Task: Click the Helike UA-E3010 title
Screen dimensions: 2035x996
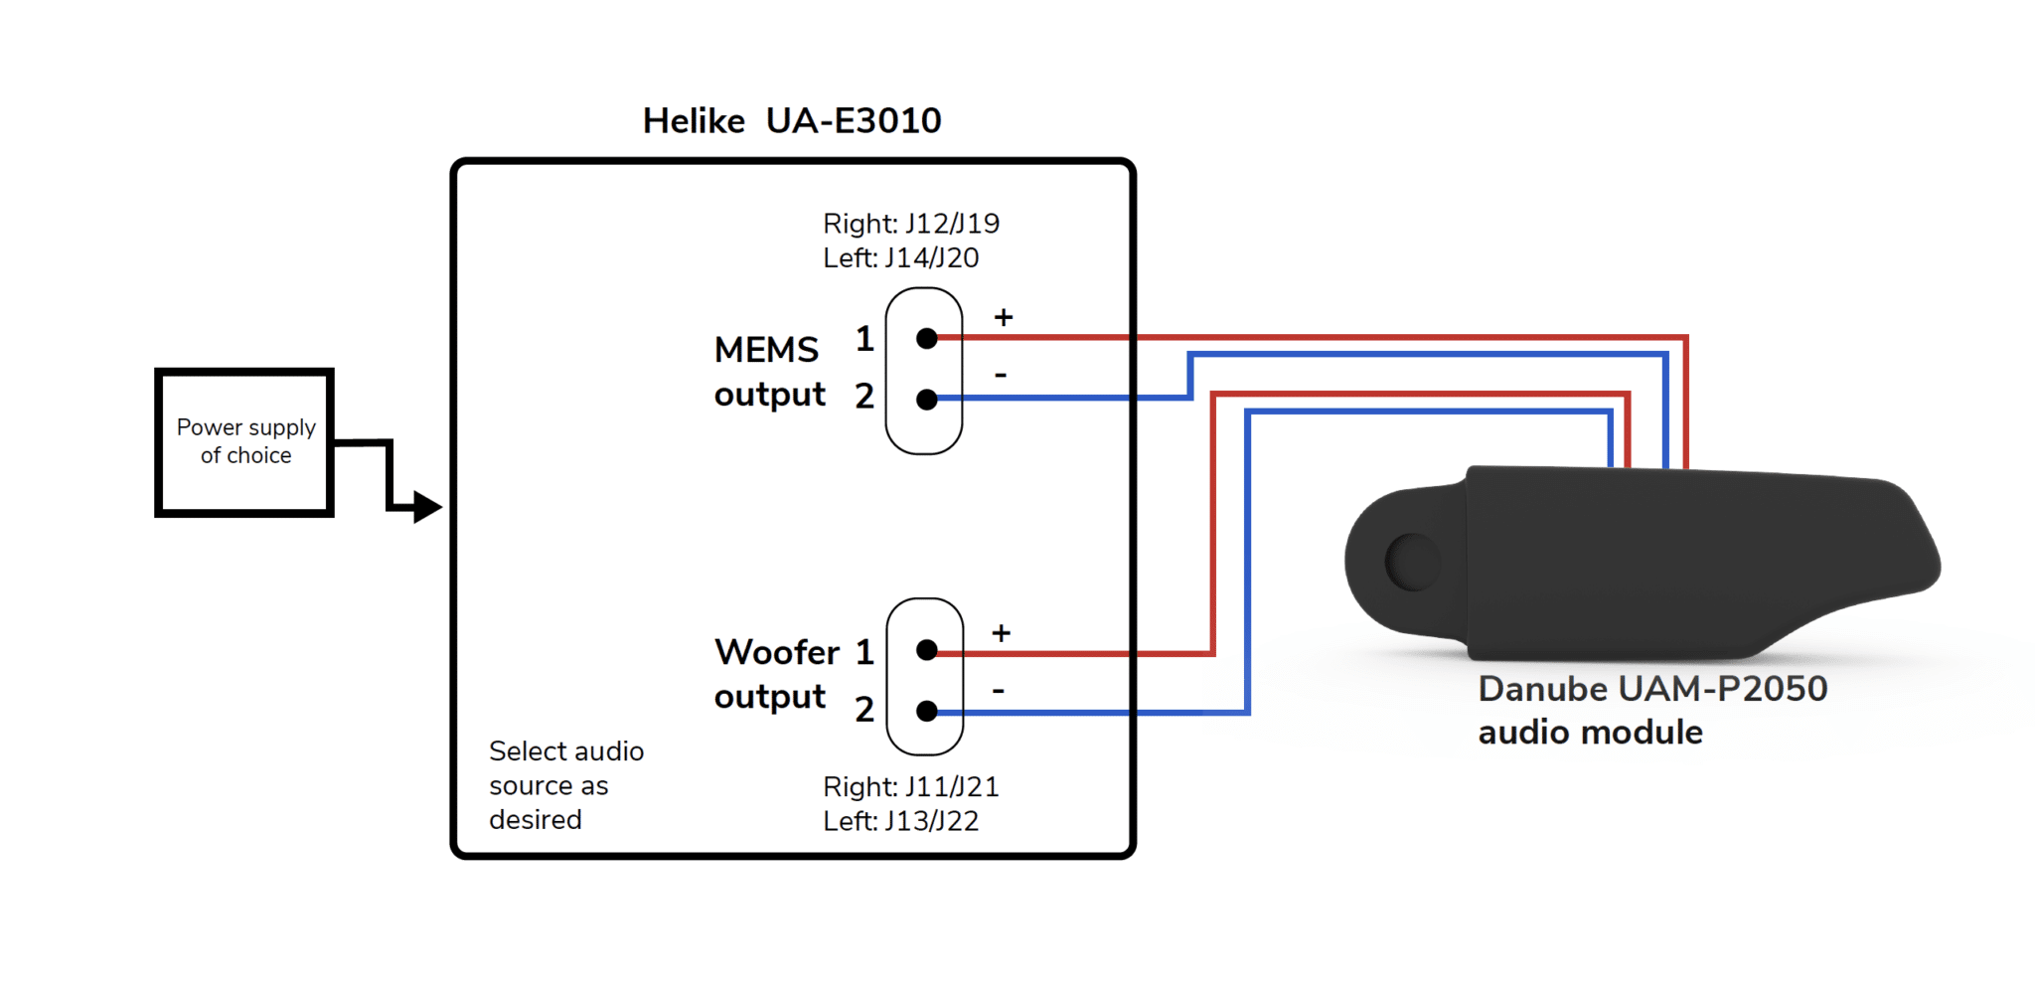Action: tap(792, 120)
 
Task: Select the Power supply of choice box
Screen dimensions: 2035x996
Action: tap(244, 442)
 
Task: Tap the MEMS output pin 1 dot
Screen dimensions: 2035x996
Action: tap(927, 339)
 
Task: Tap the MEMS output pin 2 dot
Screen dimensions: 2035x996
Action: tap(927, 400)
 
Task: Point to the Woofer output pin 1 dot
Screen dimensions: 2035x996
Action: tap(927, 650)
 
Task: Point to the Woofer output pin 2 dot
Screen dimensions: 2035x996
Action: tap(927, 711)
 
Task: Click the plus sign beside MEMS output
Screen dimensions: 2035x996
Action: tap(1004, 317)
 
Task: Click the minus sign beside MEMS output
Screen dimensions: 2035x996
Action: tap(1001, 375)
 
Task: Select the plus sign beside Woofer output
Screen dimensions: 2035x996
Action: tap(1002, 633)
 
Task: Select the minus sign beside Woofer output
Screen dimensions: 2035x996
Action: tap(999, 690)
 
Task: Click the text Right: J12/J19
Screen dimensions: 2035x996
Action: tap(911, 224)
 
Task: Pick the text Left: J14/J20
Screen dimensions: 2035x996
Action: tap(901, 258)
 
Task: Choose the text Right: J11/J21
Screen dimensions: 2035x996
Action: tap(911, 787)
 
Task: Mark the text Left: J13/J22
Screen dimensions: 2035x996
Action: tap(901, 821)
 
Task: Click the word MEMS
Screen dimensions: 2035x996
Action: tap(766, 350)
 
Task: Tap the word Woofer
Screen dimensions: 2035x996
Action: tap(777, 652)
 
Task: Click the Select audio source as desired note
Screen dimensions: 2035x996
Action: tap(566, 785)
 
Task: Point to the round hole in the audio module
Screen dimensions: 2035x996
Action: tap(1413, 562)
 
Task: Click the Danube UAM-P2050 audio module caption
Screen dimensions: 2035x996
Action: tap(1652, 710)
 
